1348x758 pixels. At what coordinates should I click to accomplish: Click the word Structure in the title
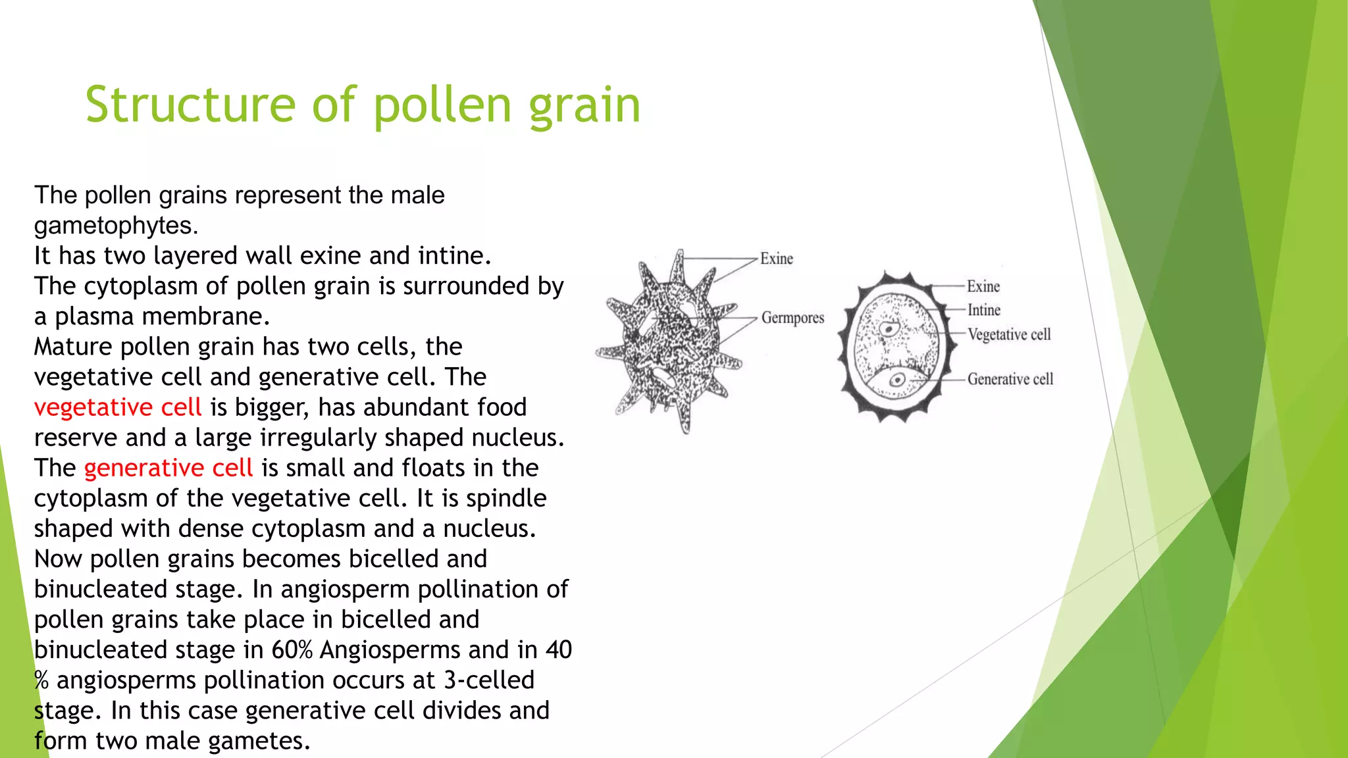tap(191, 105)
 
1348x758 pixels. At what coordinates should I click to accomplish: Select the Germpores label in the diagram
tap(792, 318)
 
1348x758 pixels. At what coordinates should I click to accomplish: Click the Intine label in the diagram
tap(983, 310)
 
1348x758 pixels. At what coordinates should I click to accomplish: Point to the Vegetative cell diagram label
tap(1009, 334)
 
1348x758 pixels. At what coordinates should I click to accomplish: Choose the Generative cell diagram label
tap(1010, 379)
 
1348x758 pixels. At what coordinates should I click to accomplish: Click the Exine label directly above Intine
tap(983, 286)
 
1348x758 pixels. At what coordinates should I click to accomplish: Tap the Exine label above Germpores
tap(777, 259)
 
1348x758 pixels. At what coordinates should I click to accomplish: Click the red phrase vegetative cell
tap(118, 407)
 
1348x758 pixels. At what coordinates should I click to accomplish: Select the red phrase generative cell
tap(168, 468)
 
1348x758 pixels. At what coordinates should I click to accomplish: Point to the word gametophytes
tap(116, 226)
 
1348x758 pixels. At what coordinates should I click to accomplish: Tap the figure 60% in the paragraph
tap(292, 650)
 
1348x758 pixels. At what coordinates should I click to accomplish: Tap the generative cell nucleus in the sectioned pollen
tap(896, 380)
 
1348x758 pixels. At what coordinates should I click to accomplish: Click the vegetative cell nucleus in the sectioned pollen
tap(889, 328)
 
